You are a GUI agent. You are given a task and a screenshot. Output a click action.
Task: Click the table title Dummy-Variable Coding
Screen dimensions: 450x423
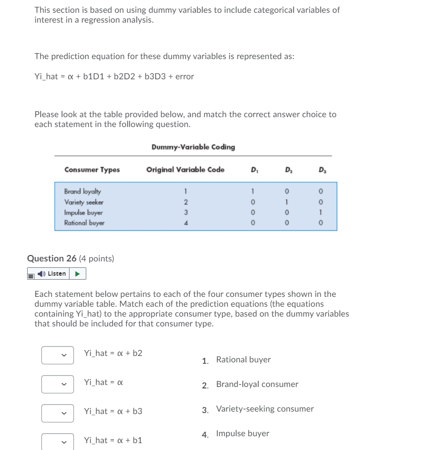193,147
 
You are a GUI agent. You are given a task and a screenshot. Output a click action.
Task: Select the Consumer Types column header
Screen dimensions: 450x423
92,170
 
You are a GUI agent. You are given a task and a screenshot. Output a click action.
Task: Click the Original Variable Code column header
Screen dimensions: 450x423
185,170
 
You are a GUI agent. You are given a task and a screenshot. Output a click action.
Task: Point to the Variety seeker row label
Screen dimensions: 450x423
84,202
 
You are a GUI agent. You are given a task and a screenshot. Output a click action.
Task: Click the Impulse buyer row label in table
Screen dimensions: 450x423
83,212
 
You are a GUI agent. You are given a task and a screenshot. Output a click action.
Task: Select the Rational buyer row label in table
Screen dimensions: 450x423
84,223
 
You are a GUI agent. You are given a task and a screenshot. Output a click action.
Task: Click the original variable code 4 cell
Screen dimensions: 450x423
185,223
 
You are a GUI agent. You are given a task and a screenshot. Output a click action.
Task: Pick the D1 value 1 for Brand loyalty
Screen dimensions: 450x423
252,191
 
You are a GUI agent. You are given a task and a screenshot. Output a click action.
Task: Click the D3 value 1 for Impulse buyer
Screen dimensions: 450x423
320,212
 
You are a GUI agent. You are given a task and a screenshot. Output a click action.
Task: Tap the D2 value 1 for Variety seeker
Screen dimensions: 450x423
286,202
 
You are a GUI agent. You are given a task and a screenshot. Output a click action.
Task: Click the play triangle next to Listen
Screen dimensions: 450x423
78,273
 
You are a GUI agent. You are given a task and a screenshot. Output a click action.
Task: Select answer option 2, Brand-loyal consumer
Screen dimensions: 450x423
257,384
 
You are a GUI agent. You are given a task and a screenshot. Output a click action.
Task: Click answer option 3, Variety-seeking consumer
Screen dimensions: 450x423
265,409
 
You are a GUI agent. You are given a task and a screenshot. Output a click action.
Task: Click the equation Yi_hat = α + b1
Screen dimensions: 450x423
113,440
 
